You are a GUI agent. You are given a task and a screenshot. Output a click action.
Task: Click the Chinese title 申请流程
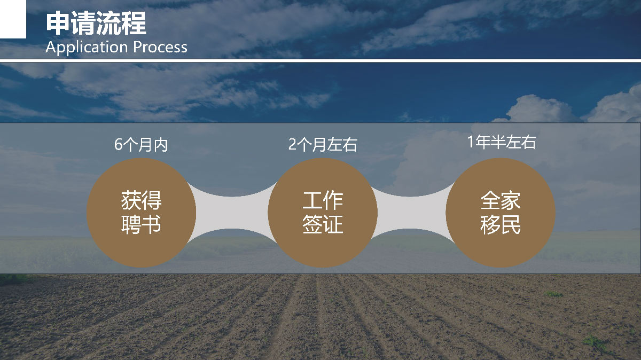(96, 23)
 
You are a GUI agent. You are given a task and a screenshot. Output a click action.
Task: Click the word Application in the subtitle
(87, 47)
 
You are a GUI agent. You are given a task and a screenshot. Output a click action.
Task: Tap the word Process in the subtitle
(160, 47)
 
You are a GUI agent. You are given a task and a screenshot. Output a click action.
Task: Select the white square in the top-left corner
(13, 19)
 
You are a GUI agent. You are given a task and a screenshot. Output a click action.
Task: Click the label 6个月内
(141, 145)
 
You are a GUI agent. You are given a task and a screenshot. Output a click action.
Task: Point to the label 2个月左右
(323, 145)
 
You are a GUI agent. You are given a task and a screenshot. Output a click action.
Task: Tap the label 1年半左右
(502, 142)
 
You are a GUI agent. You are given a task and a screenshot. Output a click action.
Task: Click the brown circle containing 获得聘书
(142, 213)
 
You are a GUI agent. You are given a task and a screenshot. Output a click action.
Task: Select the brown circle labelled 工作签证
(323, 213)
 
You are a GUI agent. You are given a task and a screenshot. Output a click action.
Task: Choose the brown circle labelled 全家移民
(501, 213)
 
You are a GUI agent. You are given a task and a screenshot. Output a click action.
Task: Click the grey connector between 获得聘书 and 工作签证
(232, 213)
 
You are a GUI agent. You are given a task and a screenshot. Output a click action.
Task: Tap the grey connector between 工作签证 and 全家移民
(411, 213)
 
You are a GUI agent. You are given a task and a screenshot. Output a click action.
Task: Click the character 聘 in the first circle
(131, 225)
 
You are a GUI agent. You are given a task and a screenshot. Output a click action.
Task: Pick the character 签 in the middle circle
(312, 225)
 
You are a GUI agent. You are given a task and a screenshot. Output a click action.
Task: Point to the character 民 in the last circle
(511, 225)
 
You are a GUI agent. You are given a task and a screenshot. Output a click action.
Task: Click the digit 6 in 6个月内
(118, 145)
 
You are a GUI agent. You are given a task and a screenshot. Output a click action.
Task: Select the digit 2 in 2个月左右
(292, 145)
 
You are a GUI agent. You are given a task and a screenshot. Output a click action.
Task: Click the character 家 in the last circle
(511, 201)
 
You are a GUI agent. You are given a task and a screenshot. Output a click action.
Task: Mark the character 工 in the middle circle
(312, 201)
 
